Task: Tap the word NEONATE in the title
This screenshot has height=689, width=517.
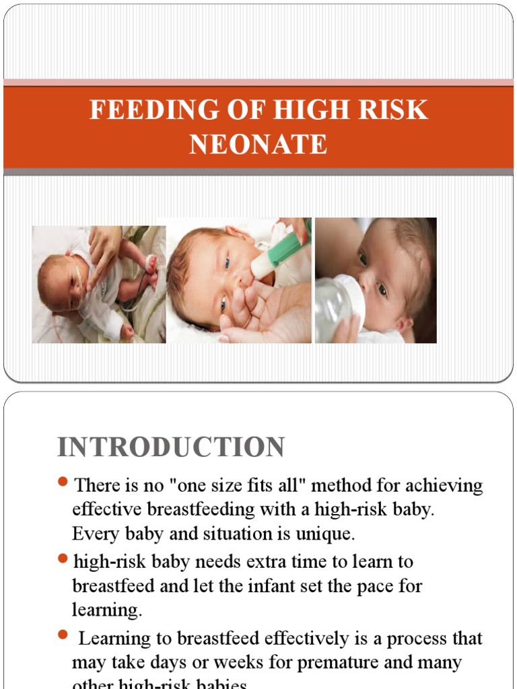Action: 258,144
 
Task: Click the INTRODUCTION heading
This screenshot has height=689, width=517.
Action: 171,447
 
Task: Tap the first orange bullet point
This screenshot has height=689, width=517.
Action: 63,481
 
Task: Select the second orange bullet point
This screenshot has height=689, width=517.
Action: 63,558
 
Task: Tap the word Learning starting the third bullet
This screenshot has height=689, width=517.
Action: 122,639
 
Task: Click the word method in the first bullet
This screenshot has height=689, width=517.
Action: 343,485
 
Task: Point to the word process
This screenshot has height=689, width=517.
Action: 398,639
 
